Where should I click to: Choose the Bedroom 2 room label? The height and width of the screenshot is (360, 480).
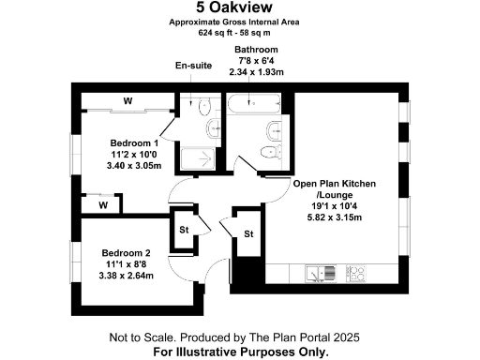127,253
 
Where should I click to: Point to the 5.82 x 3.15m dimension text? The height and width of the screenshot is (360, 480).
334,217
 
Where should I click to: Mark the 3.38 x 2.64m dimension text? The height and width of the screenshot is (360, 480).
127,276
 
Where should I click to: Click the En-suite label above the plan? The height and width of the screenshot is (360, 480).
194,67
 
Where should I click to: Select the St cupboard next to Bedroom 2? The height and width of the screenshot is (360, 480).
184,229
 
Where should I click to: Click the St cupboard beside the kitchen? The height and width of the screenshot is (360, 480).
248,233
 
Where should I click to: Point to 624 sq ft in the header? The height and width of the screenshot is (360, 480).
215,32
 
